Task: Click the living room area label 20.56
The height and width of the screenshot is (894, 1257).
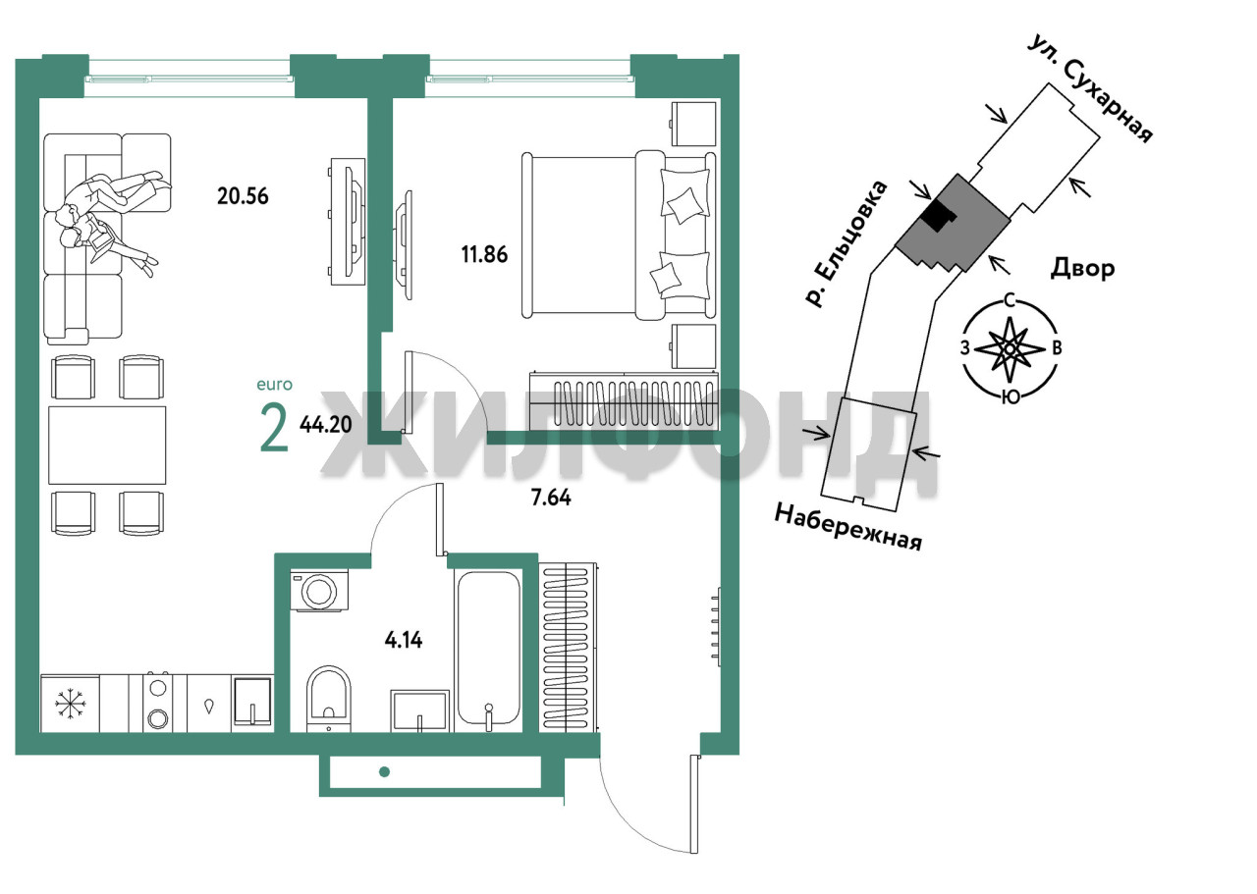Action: tap(243, 196)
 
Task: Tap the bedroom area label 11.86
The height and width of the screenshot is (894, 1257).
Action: tap(484, 254)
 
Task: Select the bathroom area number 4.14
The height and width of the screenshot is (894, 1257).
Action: tap(404, 640)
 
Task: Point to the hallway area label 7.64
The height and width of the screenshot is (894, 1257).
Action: tap(551, 498)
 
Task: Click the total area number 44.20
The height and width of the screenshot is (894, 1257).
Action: tap(325, 425)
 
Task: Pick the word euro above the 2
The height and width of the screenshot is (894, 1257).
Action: tap(274, 385)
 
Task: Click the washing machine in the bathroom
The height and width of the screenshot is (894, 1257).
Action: tap(319, 590)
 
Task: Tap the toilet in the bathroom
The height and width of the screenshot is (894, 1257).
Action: tap(329, 700)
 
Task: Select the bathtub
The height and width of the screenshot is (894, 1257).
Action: tap(488, 650)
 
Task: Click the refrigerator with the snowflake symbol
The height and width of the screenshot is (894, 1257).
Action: tap(70, 704)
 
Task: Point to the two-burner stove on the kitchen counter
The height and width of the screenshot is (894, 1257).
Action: tap(157, 704)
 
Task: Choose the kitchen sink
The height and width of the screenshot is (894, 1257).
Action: tap(252, 702)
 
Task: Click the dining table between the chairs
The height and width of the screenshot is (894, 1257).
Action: tap(107, 446)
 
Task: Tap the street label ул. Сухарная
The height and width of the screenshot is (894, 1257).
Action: tap(1090, 89)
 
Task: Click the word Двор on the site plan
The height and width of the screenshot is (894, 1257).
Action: tap(1082, 269)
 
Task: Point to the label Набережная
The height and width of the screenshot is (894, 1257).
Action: tap(847, 527)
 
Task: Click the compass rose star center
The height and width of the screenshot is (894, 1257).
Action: tap(1010, 348)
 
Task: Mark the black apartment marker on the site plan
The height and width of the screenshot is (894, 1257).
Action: tap(938, 215)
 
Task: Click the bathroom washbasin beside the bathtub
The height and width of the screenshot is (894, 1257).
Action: tap(420, 710)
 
